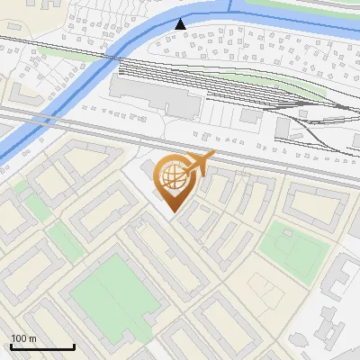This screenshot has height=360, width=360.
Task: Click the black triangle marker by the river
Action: pyautogui.click(x=180, y=24)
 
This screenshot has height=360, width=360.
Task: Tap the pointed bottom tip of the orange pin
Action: pyautogui.click(x=173, y=211)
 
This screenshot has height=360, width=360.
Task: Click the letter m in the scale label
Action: pyautogui.click(x=32, y=339)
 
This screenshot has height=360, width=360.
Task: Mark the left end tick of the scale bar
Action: pyautogui.click(x=11, y=346)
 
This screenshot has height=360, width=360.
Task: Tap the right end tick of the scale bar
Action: pyautogui.click(x=74, y=346)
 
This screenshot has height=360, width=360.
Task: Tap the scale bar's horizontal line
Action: pyautogui.click(x=42, y=347)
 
